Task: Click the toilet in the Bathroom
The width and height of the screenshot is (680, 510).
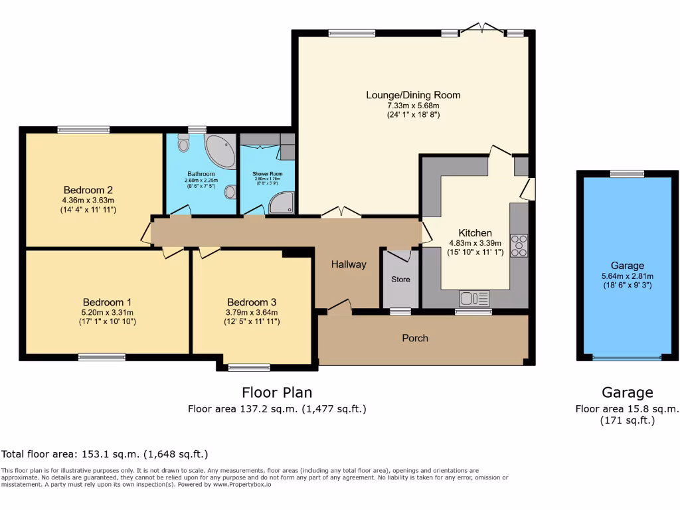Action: [184, 142]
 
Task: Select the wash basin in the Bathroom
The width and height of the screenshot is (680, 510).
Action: [230, 192]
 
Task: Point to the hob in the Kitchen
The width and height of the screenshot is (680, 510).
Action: [519, 246]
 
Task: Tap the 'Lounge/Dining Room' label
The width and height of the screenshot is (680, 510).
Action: [413, 95]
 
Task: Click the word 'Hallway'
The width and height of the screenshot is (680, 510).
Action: [349, 264]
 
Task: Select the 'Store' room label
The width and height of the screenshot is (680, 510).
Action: [400, 280]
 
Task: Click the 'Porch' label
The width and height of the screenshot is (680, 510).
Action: [415, 338]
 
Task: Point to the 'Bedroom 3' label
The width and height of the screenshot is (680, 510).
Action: [252, 301]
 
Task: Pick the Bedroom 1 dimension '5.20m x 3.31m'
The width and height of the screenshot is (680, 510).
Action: [108, 312]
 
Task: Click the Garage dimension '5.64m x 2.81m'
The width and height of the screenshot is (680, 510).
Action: [627, 276]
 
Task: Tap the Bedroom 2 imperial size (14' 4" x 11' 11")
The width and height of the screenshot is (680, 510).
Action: [88, 210]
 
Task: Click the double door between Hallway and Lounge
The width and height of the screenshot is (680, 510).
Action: [341, 212]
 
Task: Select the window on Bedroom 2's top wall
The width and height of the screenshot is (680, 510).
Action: [83, 129]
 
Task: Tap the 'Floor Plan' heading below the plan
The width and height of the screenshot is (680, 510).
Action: [277, 392]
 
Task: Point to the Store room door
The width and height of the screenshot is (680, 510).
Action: [400, 255]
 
